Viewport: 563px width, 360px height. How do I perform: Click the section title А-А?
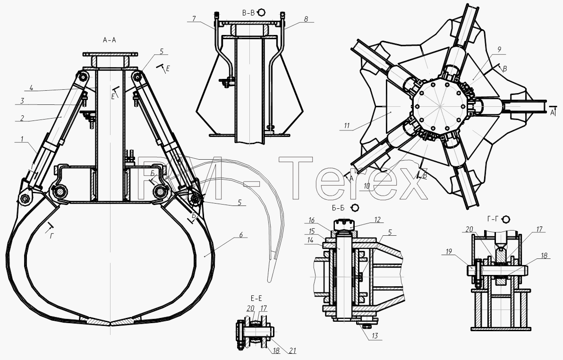(110, 40)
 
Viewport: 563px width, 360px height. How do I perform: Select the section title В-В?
(248, 13)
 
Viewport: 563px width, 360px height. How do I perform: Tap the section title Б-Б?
(339, 208)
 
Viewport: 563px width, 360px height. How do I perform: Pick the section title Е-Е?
(256, 298)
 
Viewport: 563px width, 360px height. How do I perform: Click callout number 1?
(22, 139)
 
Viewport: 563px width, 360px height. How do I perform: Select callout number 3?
(22, 101)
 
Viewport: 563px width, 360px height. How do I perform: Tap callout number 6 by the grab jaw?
(241, 235)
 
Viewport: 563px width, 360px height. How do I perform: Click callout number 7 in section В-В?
(194, 19)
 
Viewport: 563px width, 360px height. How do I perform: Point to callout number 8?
(306, 19)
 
